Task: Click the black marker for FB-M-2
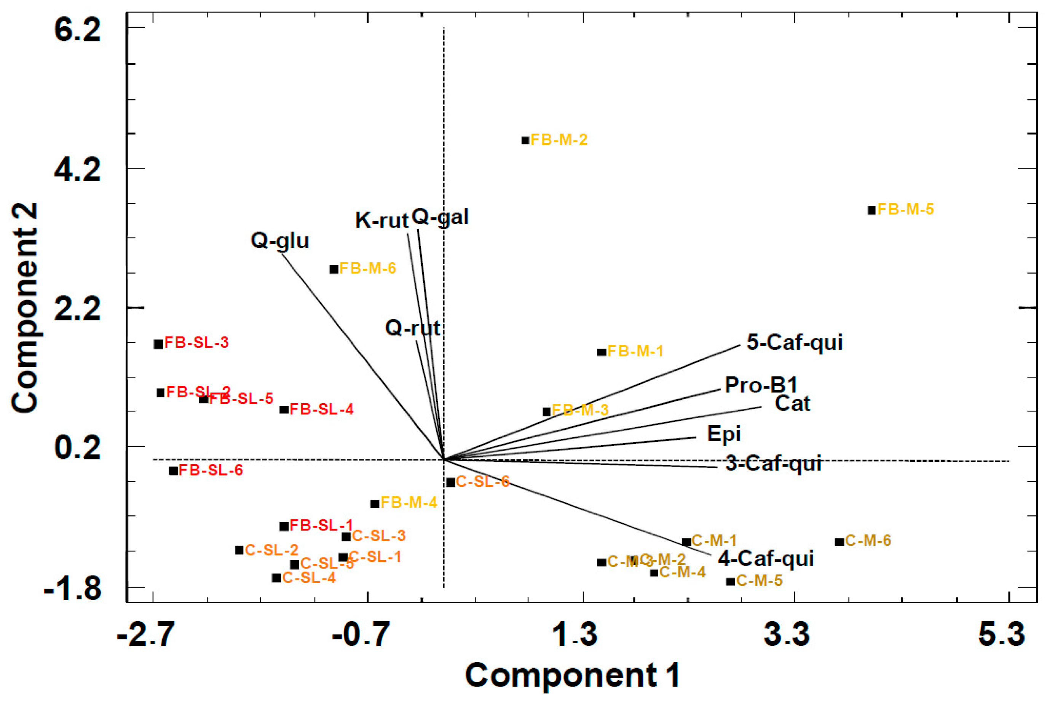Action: (525, 140)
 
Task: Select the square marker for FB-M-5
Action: (872, 210)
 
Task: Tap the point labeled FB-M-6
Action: (334, 269)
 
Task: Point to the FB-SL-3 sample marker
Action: (158, 344)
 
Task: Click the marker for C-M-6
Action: (840, 542)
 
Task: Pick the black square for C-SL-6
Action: (451, 482)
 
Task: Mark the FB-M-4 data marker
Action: (375, 504)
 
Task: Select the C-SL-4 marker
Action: (276, 578)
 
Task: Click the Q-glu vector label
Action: (280, 241)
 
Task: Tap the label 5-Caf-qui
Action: (794, 342)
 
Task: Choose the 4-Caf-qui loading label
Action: (766, 559)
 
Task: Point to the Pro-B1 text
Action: (761, 385)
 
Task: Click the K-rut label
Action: (381, 220)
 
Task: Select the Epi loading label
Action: (724, 433)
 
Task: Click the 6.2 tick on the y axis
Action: (77, 32)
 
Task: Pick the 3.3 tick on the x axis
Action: (786, 634)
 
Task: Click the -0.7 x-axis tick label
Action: (360, 634)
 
